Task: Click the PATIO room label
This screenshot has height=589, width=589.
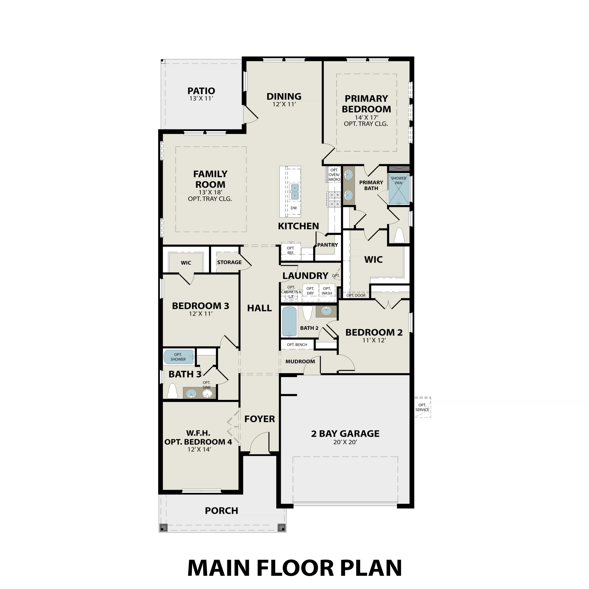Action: (201, 91)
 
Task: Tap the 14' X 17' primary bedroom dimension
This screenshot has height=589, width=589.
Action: (366, 117)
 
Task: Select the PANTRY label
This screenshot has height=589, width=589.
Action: (327, 245)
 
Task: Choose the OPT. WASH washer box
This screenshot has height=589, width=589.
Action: (327, 291)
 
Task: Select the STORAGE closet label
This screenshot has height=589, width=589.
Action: (229, 262)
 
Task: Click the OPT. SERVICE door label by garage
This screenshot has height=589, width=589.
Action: (422, 407)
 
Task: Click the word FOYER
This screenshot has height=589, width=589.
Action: (259, 419)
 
